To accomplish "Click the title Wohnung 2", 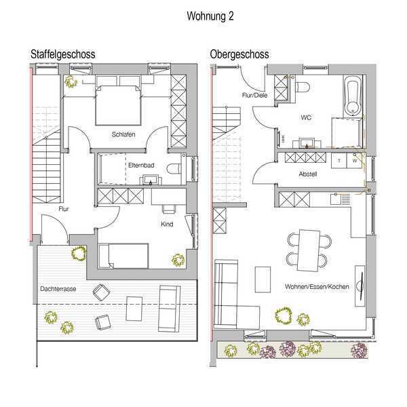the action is click(x=210, y=16).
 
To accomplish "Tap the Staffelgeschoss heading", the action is click(x=63, y=54).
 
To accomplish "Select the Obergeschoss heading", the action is click(x=239, y=54).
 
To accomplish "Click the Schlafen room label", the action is click(x=123, y=134).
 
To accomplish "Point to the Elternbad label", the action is click(x=141, y=165).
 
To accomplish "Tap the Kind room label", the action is click(x=167, y=224).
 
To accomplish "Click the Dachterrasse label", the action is click(x=58, y=289).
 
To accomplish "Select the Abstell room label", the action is click(x=308, y=174).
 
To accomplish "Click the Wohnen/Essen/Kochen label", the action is click(x=317, y=286).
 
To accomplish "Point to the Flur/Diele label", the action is click(x=254, y=95).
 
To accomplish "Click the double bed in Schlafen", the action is click(x=118, y=100).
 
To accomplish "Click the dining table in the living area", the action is click(x=309, y=250).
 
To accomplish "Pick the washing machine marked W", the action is click(x=354, y=161).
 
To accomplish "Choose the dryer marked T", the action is click(x=339, y=161).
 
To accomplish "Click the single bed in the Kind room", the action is click(x=123, y=256).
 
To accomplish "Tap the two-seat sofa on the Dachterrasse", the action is click(x=170, y=309).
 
